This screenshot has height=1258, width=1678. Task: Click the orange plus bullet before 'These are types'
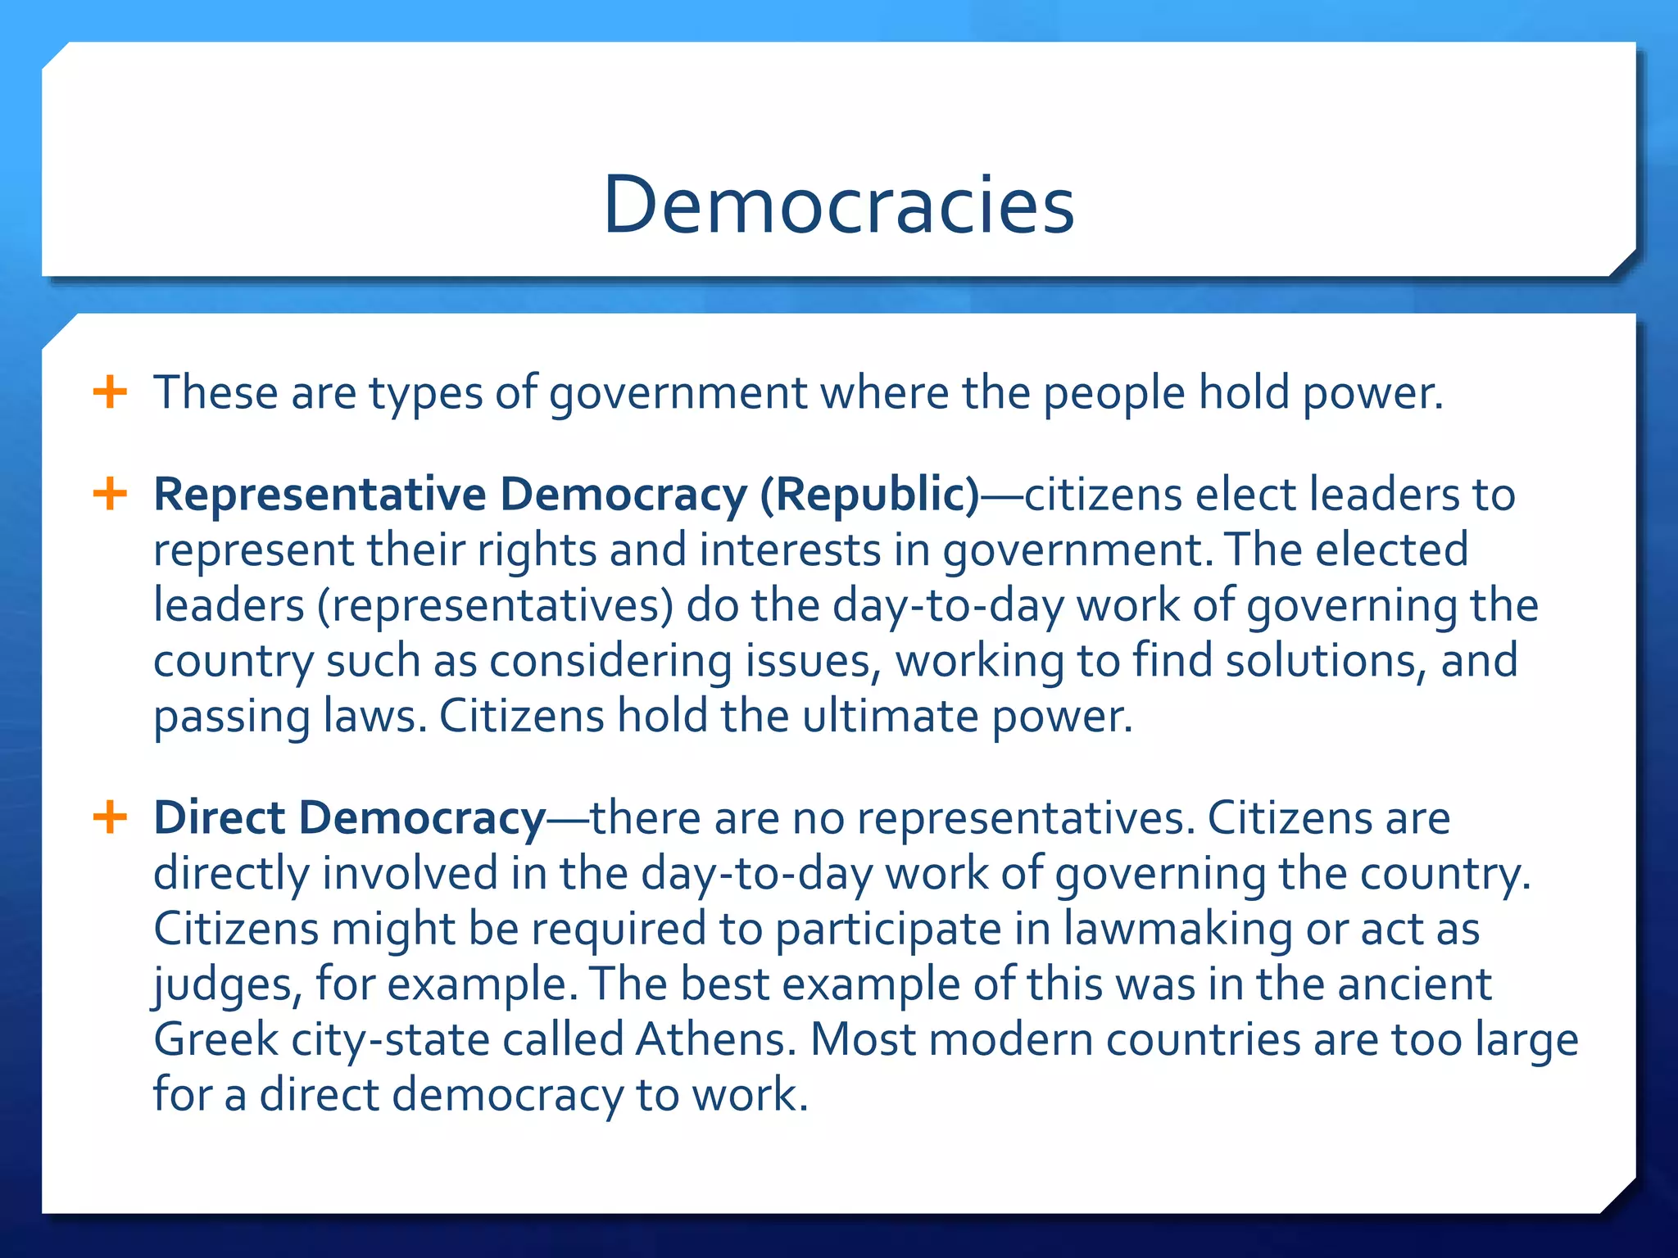pyautogui.click(x=110, y=392)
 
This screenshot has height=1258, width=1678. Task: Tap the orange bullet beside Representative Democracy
pyautogui.click(x=110, y=494)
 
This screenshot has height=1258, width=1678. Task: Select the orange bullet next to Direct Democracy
pyautogui.click(x=110, y=817)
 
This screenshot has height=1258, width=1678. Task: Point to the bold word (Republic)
pyautogui.click(x=869, y=495)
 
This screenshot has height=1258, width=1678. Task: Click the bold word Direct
pyautogui.click(x=219, y=817)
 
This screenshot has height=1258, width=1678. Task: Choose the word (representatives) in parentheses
pyautogui.click(x=495, y=606)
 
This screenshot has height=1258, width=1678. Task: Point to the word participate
pyautogui.click(x=888, y=930)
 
